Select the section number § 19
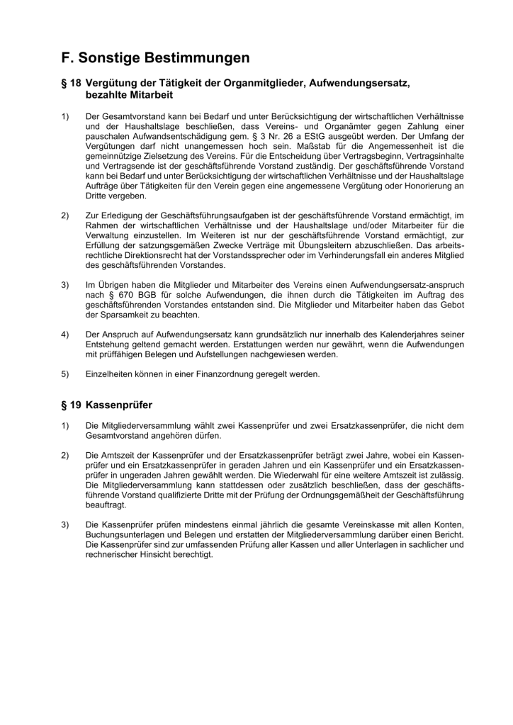click(71, 405)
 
